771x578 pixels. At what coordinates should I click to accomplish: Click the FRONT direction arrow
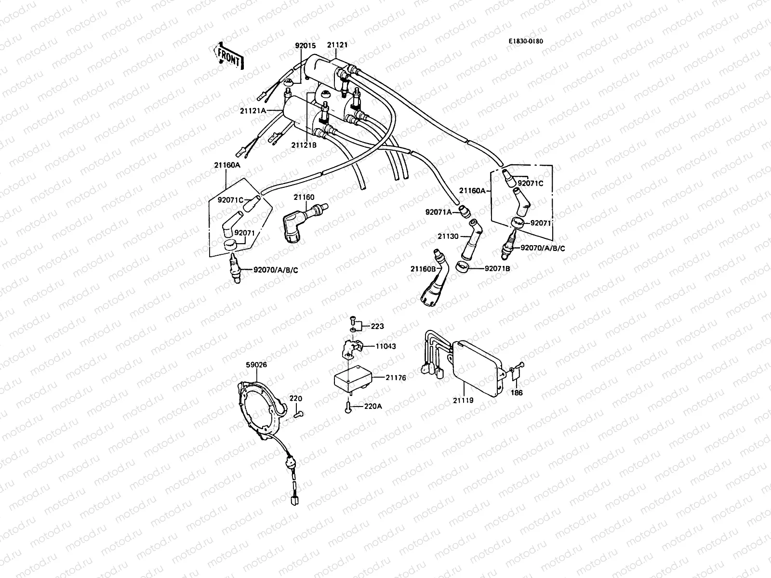(x=228, y=54)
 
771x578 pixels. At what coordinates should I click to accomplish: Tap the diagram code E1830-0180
(x=526, y=41)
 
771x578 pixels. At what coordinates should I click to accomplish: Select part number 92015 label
(x=305, y=46)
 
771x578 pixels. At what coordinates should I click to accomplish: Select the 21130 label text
(x=449, y=236)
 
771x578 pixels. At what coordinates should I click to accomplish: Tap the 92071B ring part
(x=463, y=267)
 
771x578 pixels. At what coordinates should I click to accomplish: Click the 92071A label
(x=438, y=211)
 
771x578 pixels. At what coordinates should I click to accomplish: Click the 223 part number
(x=377, y=326)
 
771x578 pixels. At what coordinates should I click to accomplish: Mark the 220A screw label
(x=372, y=406)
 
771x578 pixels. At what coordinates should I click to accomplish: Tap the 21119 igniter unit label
(x=464, y=400)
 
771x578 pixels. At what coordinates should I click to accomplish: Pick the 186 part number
(x=517, y=393)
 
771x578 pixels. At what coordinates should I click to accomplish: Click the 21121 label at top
(x=337, y=45)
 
